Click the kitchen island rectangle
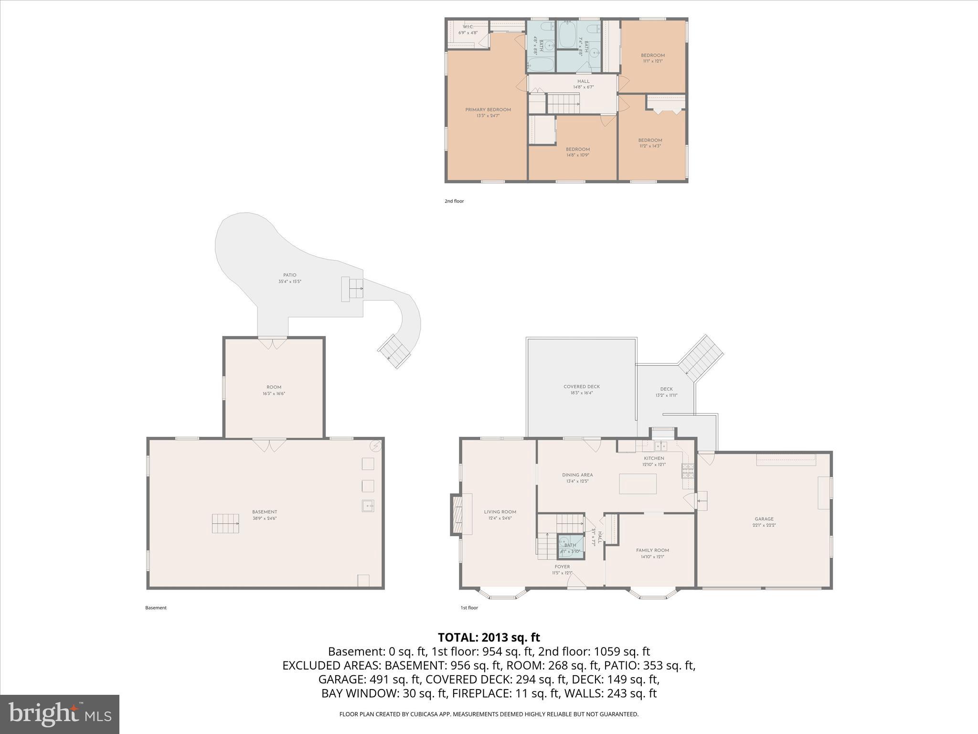point(638,484)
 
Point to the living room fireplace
point(457,514)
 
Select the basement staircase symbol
point(225,523)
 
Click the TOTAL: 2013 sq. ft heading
point(489,637)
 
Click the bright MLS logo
point(60,714)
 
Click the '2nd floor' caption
point(454,201)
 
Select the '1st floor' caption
point(469,608)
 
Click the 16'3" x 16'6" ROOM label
point(274,390)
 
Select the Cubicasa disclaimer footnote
point(489,714)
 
